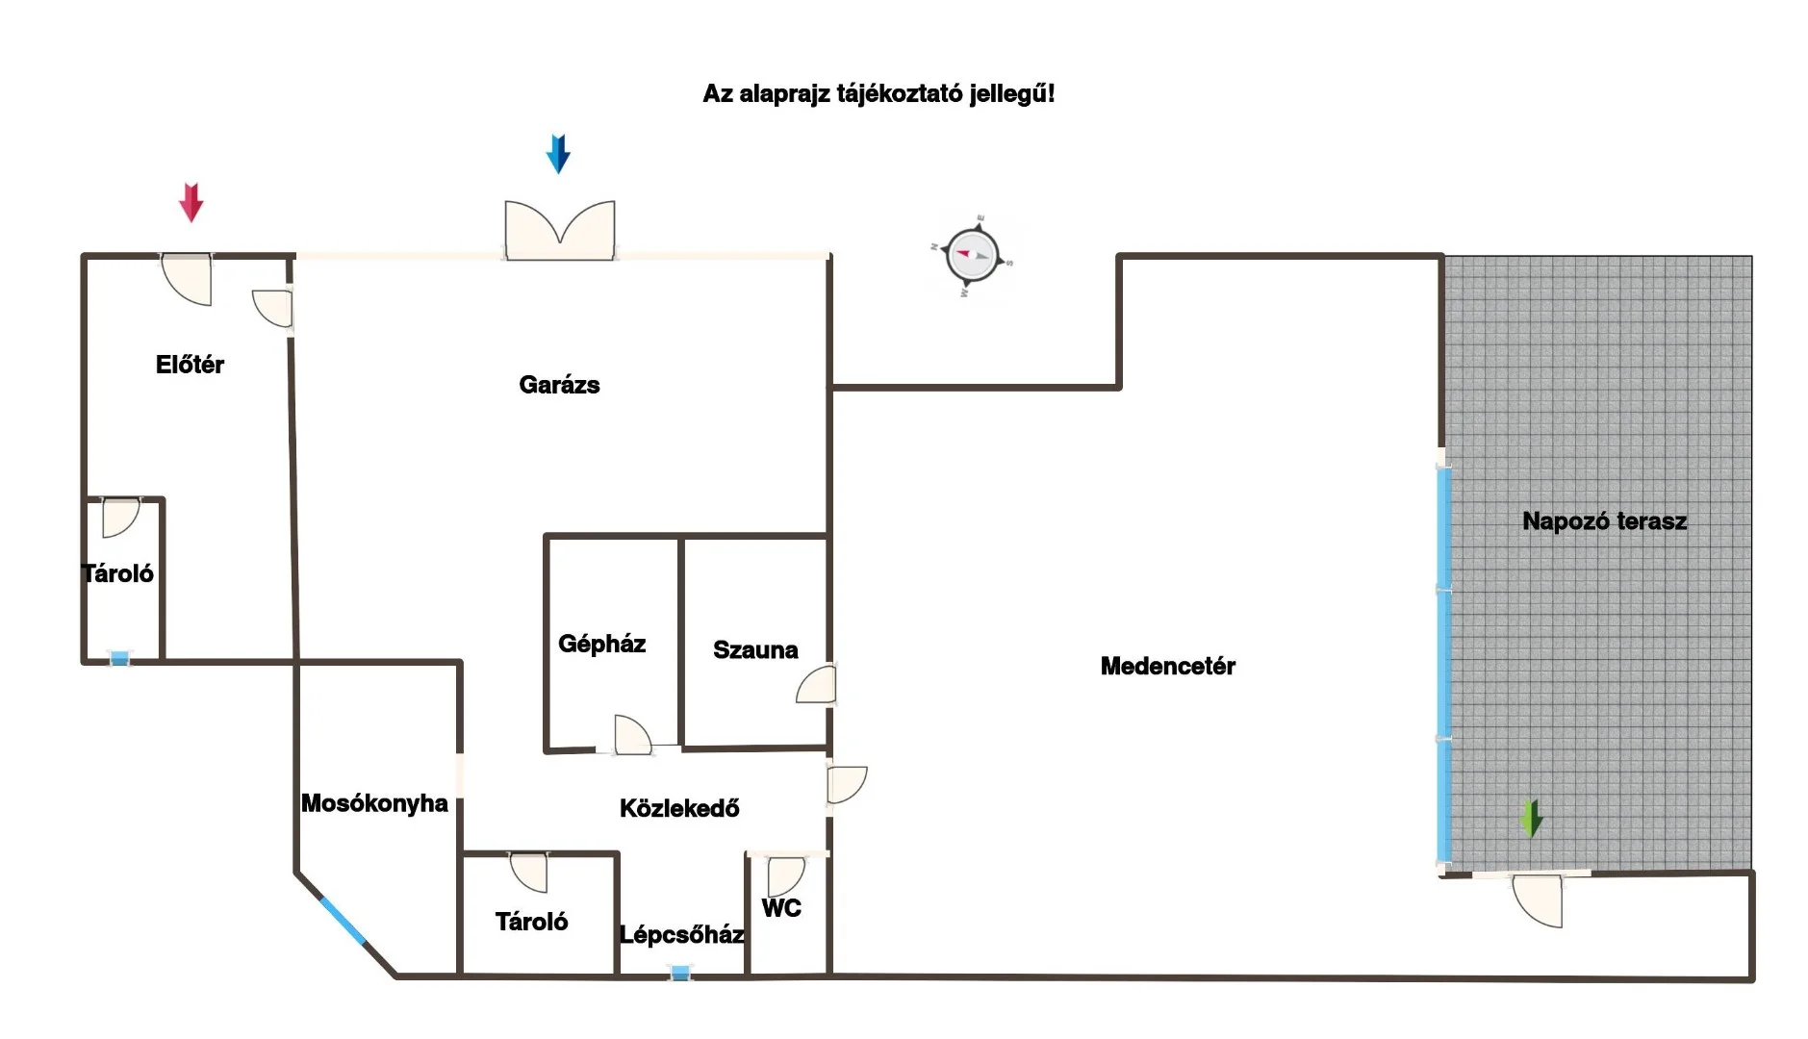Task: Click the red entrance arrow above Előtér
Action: tap(191, 202)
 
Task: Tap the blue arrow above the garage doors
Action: tap(558, 154)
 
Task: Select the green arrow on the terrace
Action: tap(1531, 819)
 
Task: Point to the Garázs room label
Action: tap(559, 385)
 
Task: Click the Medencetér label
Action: tap(1167, 666)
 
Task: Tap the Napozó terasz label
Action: tap(1604, 521)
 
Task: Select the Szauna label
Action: tap(755, 650)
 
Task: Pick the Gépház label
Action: tap(601, 644)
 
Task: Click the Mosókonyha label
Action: tap(374, 803)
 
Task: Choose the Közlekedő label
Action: tap(679, 808)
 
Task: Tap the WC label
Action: tap(780, 908)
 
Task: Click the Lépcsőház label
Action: tap(681, 934)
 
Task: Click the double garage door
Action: tap(560, 231)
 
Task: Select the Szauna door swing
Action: tap(817, 685)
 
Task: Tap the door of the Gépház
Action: tap(632, 735)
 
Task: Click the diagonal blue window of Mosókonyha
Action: tap(343, 920)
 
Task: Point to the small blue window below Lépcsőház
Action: tap(680, 974)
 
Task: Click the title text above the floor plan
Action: tap(879, 94)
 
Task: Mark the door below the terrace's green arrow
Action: tap(1539, 901)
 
